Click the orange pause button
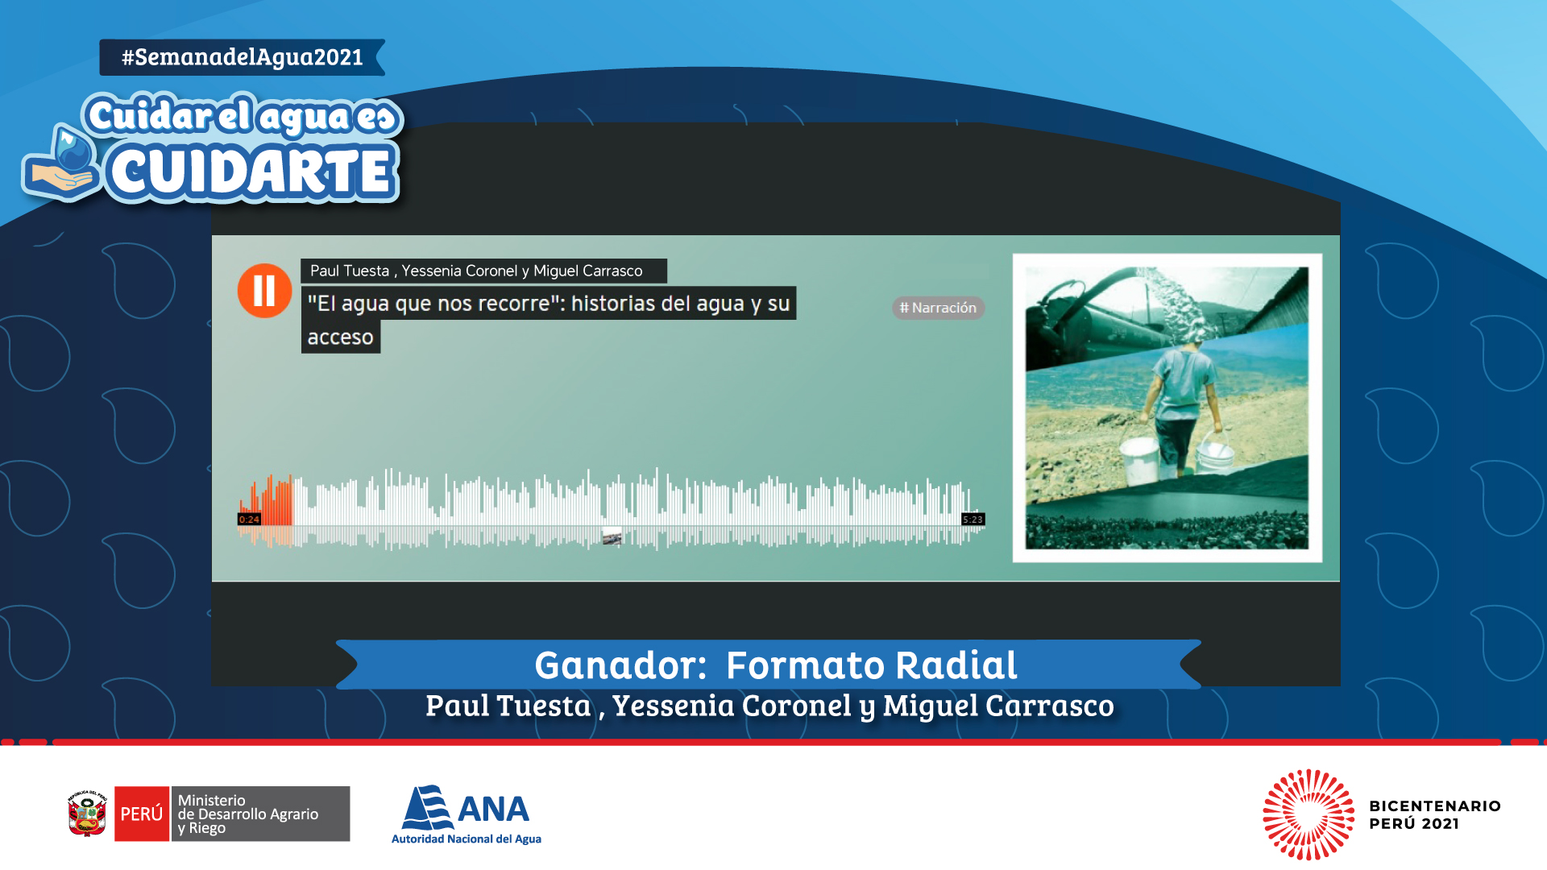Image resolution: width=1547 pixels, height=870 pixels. [x=264, y=291]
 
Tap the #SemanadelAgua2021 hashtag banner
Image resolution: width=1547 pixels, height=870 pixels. [x=243, y=57]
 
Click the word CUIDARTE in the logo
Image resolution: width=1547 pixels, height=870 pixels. [x=251, y=172]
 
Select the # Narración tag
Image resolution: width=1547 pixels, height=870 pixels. [x=938, y=308]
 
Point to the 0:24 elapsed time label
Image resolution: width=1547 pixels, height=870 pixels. [x=249, y=520]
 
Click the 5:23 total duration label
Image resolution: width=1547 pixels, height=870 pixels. [x=973, y=520]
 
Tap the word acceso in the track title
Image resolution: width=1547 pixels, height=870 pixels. [x=340, y=338]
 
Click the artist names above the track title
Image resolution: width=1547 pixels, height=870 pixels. [x=476, y=271]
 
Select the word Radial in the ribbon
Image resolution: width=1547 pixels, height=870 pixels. [x=956, y=665]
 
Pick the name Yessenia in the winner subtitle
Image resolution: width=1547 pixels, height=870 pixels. [x=674, y=706]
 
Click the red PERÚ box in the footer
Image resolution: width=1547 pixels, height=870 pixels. [x=142, y=814]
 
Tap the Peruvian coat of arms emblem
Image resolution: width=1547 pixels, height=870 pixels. [x=88, y=814]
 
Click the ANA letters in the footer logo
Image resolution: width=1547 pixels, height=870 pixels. [x=493, y=810]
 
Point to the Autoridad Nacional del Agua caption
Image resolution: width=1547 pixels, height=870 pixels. [x=467, y=839]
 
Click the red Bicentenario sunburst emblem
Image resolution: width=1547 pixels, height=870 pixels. [x=1309, y=814]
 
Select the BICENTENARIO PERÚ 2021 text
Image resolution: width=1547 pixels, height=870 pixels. [x=1434, y=814]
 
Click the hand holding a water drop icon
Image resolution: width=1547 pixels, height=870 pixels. [x=63, y=164]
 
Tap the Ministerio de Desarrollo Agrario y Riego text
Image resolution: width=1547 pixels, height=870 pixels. [x=248, y=814]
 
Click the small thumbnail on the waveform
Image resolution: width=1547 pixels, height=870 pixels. [x=612, y=536]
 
